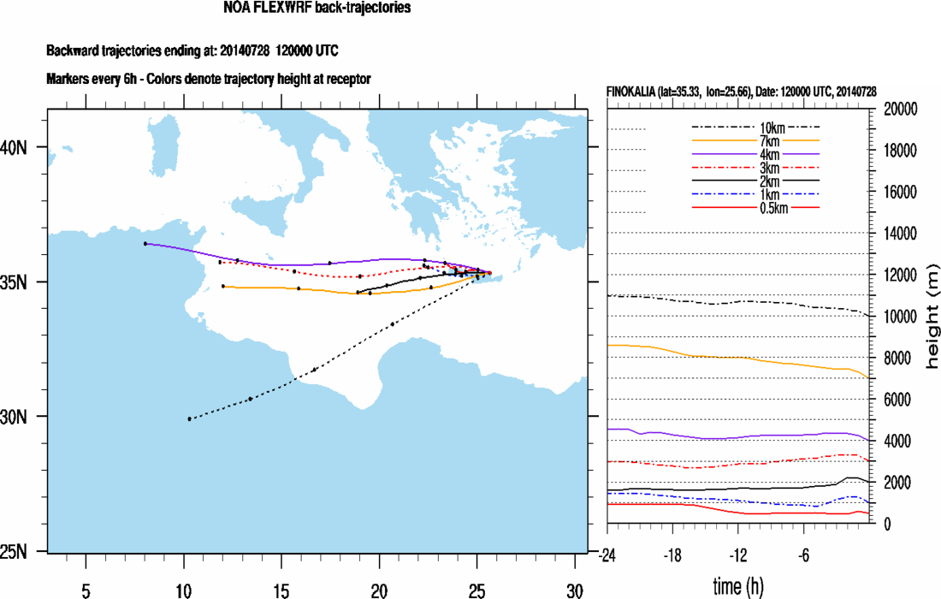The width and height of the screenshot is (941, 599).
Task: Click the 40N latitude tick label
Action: coord(15,147)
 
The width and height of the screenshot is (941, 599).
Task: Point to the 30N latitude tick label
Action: coord(15,417)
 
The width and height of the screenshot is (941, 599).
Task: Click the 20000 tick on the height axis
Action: coord(899,110)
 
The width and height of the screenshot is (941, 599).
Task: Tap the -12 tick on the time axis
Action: coord(739,555)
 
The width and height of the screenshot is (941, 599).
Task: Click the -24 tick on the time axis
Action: coord(607,555)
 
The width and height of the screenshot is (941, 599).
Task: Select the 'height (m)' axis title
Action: coord(932,317)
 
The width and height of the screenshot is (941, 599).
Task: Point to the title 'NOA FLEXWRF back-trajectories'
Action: coord(317,9)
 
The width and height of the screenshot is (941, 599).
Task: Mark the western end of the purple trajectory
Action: coord(145,244)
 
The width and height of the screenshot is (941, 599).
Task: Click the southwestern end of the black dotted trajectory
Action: coord(189,418)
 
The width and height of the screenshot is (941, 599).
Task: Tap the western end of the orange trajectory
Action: coord(222,286)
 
